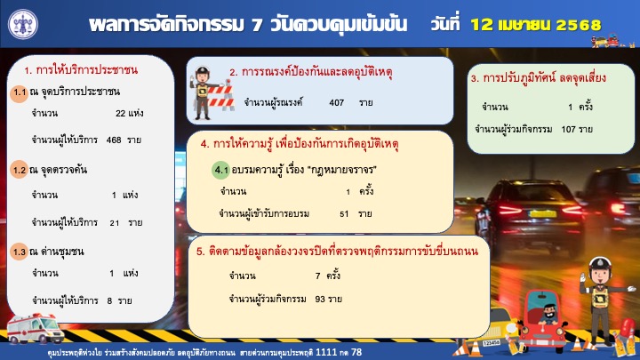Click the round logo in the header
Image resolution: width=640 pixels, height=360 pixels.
coord(23,24)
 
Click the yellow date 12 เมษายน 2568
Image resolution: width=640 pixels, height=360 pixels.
coord(535,25)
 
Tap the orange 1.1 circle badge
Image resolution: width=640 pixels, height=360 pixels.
coord(20,92)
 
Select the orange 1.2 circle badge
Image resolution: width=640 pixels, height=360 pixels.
coord(20,170)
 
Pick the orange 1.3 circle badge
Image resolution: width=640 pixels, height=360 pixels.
coord(20,252)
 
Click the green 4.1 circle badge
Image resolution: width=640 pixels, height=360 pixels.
coord(220,170)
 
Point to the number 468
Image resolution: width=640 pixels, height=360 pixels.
coord(114,140)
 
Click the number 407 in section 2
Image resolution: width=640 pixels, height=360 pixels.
coord(336,103)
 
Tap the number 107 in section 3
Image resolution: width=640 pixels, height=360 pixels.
coord(568,130)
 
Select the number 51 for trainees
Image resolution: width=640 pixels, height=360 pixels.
coord(344,214)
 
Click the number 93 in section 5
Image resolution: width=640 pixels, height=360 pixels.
coord(320,300)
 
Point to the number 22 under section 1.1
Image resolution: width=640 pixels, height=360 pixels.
coord(120,114)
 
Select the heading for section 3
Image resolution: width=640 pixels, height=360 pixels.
coord(539,78)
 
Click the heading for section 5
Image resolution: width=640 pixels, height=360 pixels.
coord(337,251)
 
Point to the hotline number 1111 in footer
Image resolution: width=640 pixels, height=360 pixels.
coord(326,352)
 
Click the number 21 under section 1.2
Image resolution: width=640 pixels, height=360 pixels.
coord(115,223)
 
